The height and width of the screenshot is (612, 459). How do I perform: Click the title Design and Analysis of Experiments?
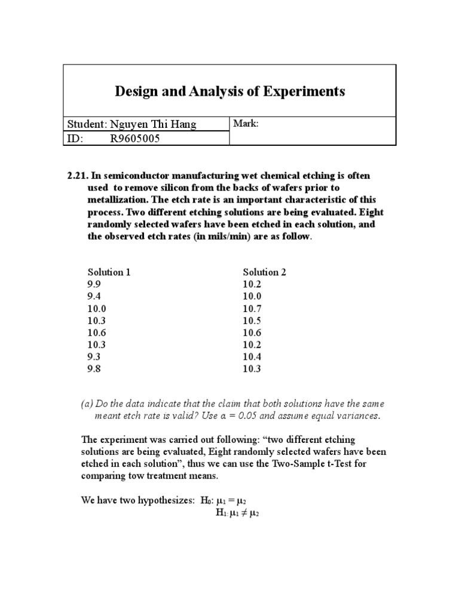click(229, 91)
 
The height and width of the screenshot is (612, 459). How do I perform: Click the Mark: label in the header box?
click(247, 123)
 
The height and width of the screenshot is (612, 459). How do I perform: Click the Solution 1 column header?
click(109, 272)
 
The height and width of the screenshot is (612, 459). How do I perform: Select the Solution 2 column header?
click(264, 272)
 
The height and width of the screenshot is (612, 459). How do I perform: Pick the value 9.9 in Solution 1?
click(94, 284)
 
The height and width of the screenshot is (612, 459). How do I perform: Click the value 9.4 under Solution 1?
click(94, 296)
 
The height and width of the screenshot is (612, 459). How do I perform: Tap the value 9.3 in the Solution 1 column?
click(94, 357)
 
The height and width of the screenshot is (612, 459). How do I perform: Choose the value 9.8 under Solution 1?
click(94, 369)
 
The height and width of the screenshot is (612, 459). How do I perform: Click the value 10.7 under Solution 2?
click(253, 308)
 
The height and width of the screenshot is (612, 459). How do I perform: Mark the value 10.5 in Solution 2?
click(253, 320)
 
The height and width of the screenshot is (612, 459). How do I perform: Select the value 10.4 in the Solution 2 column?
click(253, 357)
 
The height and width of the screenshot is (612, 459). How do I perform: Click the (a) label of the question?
click(87, 404)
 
